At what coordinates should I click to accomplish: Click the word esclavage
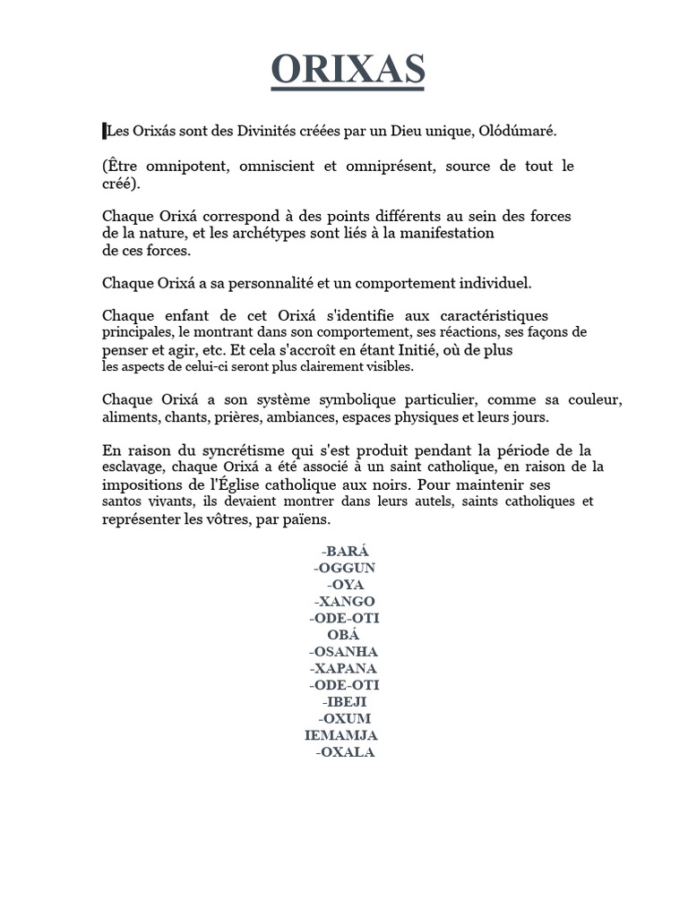coord(133,467)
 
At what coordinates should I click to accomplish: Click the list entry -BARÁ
coord(344,551)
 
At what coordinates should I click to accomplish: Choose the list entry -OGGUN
coord(344,568)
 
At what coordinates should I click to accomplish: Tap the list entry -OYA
coord(344,585)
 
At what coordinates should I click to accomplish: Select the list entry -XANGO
coord(344,601)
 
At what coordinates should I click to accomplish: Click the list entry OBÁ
coord(344,635)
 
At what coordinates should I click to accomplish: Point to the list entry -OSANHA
coord(344,651)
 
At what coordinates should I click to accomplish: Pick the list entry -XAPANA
coord(344,668)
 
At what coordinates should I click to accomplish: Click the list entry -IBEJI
coord(344,701)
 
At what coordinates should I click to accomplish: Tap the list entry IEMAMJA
coord(341,735)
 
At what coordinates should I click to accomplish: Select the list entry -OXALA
coord(345,752)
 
